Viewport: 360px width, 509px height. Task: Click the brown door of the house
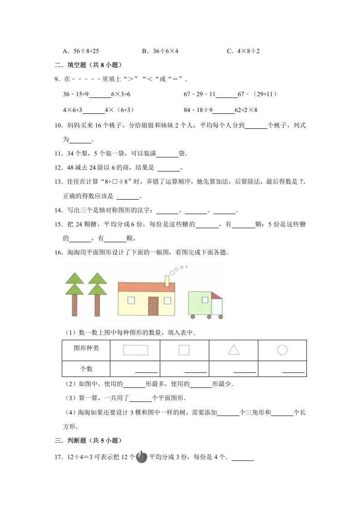(x=153, y=306)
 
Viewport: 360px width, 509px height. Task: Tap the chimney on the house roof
(x=167, y=281)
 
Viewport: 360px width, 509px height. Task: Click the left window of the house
(x=131, y=300)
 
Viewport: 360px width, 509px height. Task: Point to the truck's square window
(x=205, y=299)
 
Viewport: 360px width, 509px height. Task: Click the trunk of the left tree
(x=74, y=304)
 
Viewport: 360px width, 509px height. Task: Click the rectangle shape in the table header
(x=135, y=350)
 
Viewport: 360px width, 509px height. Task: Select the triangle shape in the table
(x=233, y=349)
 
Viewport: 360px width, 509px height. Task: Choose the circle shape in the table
(x=282, y=350)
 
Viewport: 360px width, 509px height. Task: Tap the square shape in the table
(x=184, y=350)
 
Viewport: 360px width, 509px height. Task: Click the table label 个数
(x=86, y=369)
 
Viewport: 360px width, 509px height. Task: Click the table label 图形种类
(x=86, y=348)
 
